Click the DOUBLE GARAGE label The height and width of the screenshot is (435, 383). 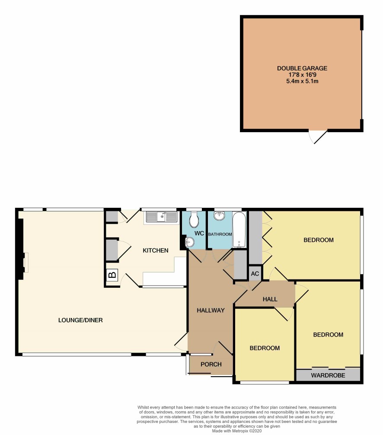(302, 68)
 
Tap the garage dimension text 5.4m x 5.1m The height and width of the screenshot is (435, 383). (302, 81)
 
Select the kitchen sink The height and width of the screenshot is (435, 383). (161, 217)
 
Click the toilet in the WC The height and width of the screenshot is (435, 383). (194, 219)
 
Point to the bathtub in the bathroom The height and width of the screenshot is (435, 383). (239, 230)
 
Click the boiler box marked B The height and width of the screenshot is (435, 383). (112, 275)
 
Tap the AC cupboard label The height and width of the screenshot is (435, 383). (255, 274)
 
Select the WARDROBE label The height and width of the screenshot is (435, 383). (328, 375)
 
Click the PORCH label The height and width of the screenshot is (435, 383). (211, 364)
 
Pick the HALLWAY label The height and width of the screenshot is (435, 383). (211, 310)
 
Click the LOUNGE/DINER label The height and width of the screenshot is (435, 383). (80, 320)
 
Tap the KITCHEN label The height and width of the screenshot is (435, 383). (156, 251)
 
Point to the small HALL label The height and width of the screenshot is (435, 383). (270, 299)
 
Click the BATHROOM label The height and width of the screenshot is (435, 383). (220, 234)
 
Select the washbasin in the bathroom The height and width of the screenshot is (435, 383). (219, 216)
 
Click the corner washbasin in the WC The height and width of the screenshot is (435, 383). (190, 242)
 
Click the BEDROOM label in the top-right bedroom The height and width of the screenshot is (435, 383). (319, 240)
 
